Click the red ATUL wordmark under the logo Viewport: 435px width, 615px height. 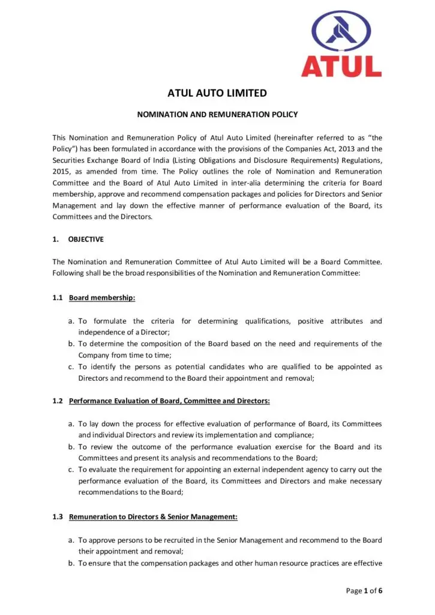tap(341, 65)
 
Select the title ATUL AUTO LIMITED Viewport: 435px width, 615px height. tap(217, 93)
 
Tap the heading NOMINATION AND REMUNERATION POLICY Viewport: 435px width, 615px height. tap(217, 114)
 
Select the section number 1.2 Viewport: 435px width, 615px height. tap(58, 401)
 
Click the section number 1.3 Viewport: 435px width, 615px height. tap(58, 517)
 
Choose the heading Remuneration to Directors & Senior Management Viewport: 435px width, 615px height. tap(154, 517)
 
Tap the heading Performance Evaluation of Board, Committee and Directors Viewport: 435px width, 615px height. tap(170, 401)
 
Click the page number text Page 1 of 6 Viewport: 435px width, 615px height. tap(364, 591)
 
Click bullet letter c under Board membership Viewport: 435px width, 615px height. tap(71, 367)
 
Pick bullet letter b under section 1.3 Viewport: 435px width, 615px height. tap(71, 563)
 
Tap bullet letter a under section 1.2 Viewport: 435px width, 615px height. tap(71, 424)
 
